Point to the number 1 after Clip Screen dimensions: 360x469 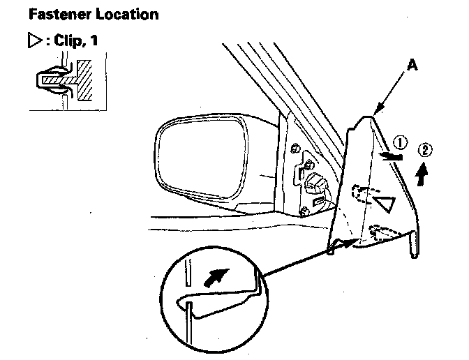click(x=93, y=41)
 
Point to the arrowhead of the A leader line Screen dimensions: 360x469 click(x=375, y=112)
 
